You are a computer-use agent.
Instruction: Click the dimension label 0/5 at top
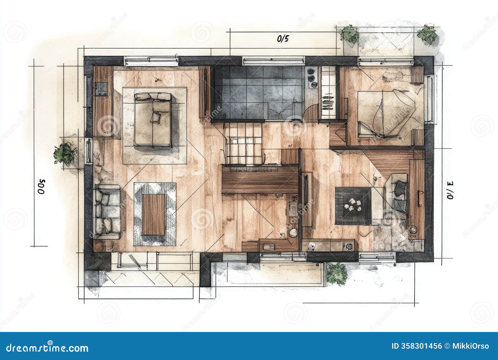283,39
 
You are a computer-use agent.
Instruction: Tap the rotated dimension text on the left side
42,186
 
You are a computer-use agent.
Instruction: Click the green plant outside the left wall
65,153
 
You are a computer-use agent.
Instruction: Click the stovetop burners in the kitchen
312,77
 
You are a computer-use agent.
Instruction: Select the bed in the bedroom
386,114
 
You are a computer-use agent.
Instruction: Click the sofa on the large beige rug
153,120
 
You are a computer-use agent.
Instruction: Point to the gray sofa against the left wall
107,211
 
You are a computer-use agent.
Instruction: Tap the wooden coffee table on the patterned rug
153,215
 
